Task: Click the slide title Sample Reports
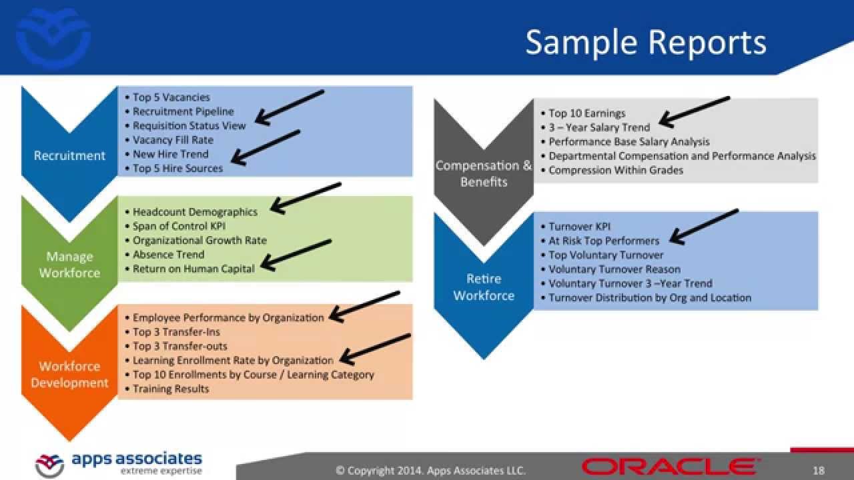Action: [x=645, y=42]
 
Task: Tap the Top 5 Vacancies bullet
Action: [x=171, y=97]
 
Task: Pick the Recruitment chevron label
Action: [x=69, y=155]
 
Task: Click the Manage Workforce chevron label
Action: [x=69, y=265]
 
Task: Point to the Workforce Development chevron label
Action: [x=69, y=374]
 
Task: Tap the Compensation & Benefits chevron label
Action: [x=484, y=173]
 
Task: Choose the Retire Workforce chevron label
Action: [x=484, y=287]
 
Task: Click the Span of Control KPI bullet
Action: [x=179, y=226]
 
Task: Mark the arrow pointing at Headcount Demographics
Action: [x=305, y=198]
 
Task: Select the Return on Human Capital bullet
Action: [x=193, y=269]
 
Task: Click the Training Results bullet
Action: [x=171, y=389]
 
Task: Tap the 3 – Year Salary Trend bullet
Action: [x=598, y=127]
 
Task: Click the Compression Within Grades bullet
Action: [x=616, y=170]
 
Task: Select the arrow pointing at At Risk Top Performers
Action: [x=703, y=226]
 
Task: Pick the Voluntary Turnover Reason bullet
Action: [x=614, y=269]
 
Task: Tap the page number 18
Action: [x=818, y=471]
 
